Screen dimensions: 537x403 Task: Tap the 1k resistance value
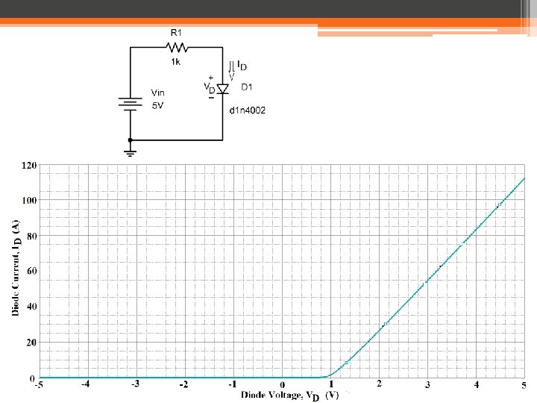175,62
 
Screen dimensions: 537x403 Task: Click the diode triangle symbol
223,89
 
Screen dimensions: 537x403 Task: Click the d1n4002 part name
248,110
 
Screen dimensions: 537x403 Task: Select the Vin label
158,93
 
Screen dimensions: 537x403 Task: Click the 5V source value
157,107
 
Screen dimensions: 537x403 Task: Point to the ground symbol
131,152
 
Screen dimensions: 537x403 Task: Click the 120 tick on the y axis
29,164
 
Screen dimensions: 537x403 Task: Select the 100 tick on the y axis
29,200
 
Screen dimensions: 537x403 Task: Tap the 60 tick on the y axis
31,271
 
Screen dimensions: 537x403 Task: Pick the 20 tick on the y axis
31,343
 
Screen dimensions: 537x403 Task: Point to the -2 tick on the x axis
183,385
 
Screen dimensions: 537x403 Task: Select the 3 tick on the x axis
427,385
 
